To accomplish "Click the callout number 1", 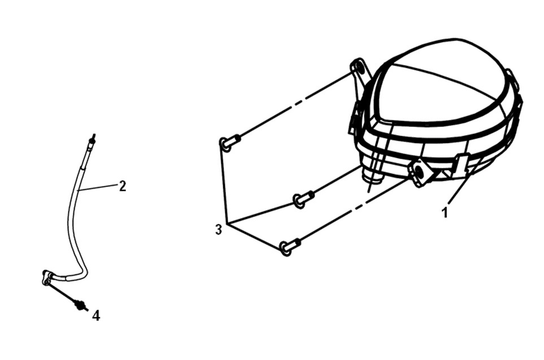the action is pyautogui.click(x=445, y=212).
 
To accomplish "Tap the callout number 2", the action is pyautogui.click(x=123, y=186).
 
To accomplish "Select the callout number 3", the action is pyautogui.click(x=219, y=229).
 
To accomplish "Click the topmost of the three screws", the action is pyautogui.click(x=229, y=142).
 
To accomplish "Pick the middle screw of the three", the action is pyautogui.click(x=303, y=199).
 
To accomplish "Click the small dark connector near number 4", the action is pyautogui.click(x=80, y=305).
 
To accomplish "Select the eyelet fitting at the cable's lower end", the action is pyautogui.click(x=47, y=277).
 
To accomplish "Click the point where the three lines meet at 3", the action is pyautogui.click(x=226, y=222).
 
